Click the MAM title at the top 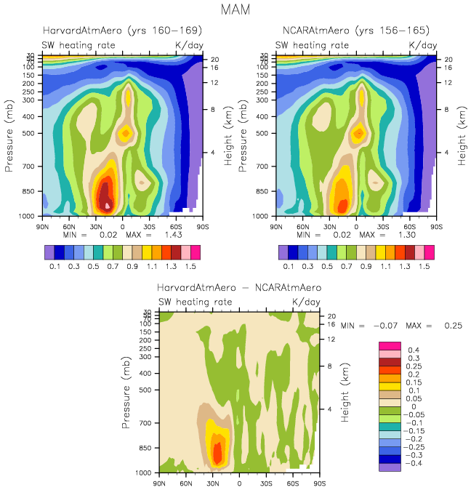pyautogui.click(x=235, y=10)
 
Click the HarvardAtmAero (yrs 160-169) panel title pyautogui.click(x=123, y=31)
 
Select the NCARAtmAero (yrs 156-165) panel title pyautogui.click(x=356, y=31)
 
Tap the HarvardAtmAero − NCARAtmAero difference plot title pyautogui.click(x=238, y=288)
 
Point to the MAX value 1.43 pyautogui.click(x=171, y=235)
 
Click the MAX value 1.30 pyautogui.click(x=404, y=235)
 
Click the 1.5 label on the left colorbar pyautogui.click(x=195, y=267)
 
